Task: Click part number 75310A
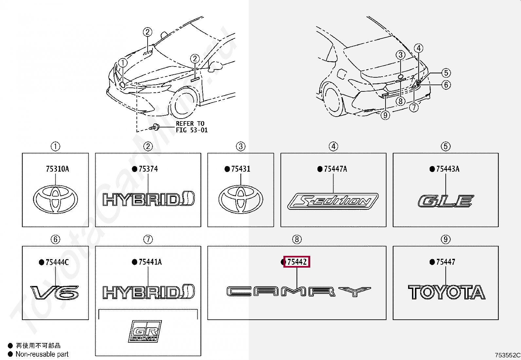point(57,169)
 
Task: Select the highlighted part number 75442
point(297,262)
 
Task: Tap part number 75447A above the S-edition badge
point(335,169)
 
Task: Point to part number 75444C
point(57,262)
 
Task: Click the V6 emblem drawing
point(55,293)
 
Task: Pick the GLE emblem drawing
point(445,201)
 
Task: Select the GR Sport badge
point(145,331)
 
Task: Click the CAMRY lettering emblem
point(298,292)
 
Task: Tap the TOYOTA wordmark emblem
point(447,292)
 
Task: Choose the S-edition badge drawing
point(333,201)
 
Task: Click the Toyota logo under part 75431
point(241,199)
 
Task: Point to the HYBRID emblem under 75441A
point(149,292)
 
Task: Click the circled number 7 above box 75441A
point(148,239)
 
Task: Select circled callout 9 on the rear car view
point(385,115)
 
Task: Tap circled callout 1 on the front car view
point(123,63)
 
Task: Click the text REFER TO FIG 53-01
point(191,127)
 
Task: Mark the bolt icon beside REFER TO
point(154,127)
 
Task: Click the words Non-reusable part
point(42,354)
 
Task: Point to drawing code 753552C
point(507,355)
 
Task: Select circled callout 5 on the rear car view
point(446,73)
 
